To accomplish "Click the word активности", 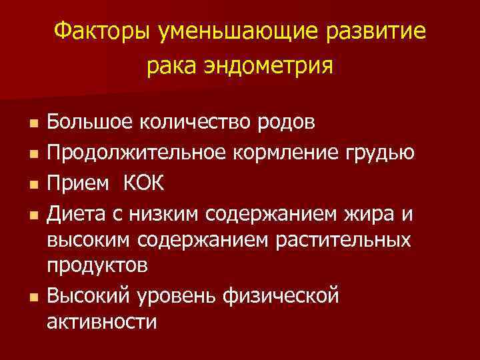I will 102,322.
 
